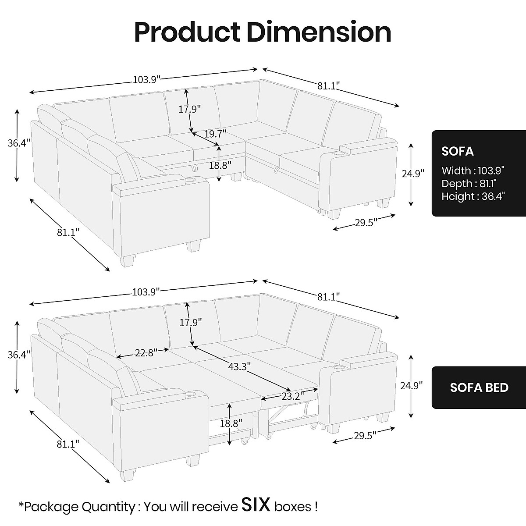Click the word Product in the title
pos(187,32)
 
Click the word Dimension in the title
pos(319,32)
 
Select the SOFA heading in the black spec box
pos(457,151)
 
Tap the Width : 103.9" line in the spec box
pos(473,171)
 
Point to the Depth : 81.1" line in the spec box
pos(469,184)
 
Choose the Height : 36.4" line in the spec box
pos(473,196)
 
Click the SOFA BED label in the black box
pos(479,387)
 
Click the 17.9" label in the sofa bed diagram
pos(190,323)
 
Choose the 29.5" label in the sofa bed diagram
pos(366,436)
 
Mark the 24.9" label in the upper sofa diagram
pos(413,174)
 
